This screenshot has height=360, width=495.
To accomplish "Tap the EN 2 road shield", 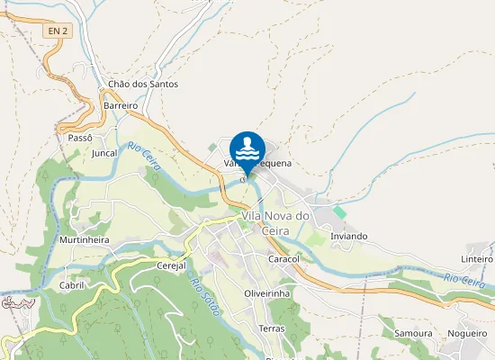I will (x=57, y=31).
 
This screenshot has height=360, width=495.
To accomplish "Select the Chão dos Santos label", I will (x=143, y=84).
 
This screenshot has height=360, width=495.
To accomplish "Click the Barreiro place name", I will (x=120, y=105).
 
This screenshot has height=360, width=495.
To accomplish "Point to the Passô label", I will (x=80, y=138).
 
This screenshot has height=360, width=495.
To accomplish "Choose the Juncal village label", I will (x=104, y=153).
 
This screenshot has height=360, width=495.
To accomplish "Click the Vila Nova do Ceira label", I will (x=274, y=223).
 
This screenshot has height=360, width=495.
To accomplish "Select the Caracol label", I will (x=283, y=259).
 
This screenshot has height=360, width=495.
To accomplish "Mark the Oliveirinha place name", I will (x=266, y=293).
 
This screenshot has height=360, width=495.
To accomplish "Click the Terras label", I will (x=271, y=328).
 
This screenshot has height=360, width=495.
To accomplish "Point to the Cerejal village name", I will (x=170, y=265).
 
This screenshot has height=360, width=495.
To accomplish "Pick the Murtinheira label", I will (x=84, y=240).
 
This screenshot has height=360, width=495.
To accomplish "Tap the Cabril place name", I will (x=71, y=284).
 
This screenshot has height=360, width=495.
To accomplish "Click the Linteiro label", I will (x=476, y=259).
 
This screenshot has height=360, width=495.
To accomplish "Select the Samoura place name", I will (x=413, y=333).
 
